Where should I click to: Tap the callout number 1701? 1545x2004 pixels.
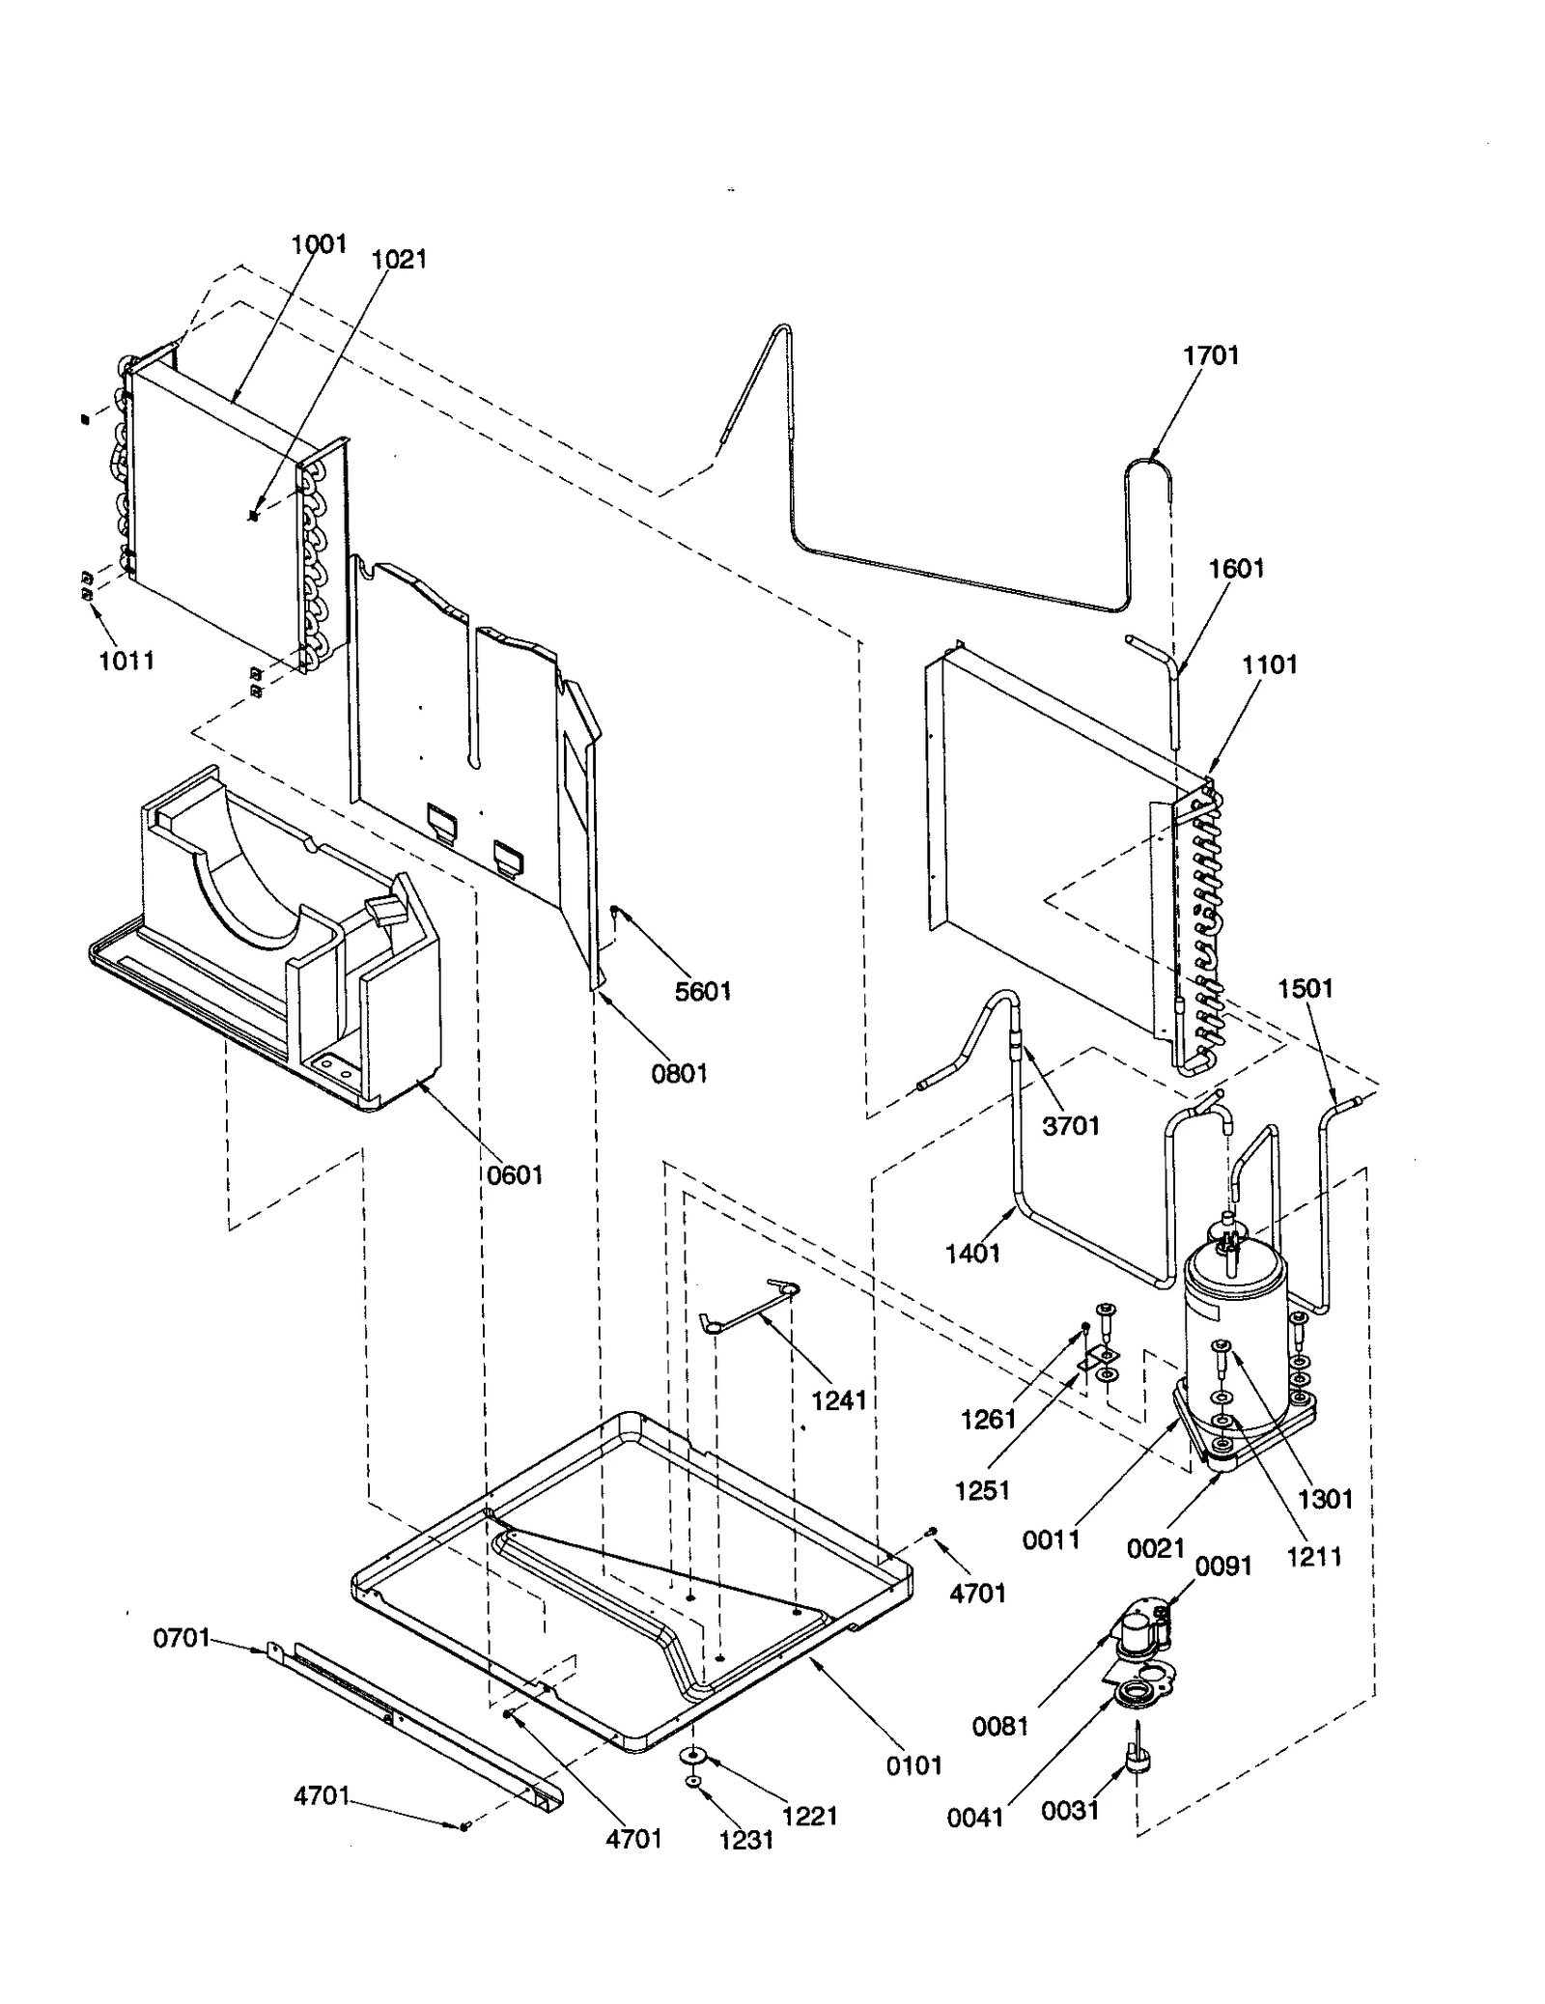tap(1211, 355)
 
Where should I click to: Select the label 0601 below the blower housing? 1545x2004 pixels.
tap(515, 1175)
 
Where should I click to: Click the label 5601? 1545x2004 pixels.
tap(703, 992)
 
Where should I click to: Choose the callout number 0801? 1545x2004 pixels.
tap(680, 1073)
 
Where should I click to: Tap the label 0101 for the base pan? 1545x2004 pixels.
tap(913, 1765)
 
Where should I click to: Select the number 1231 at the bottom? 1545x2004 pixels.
tap(746, 1840)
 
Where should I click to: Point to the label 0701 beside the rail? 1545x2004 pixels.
tap(182, 1638)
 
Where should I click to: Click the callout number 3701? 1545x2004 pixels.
tap(1071, 1125)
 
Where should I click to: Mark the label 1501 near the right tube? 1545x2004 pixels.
tap(1305, 989)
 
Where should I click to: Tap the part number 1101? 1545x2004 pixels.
tap(1269, 664)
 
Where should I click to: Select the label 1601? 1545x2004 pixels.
tap(1236, 568)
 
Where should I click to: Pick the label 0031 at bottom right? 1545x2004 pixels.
tap(1070, 1810)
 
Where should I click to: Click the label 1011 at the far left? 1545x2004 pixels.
tap(126, 661)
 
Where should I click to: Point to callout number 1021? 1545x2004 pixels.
tap(399, 259)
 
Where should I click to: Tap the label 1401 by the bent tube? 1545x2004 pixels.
tap(972, 1253)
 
